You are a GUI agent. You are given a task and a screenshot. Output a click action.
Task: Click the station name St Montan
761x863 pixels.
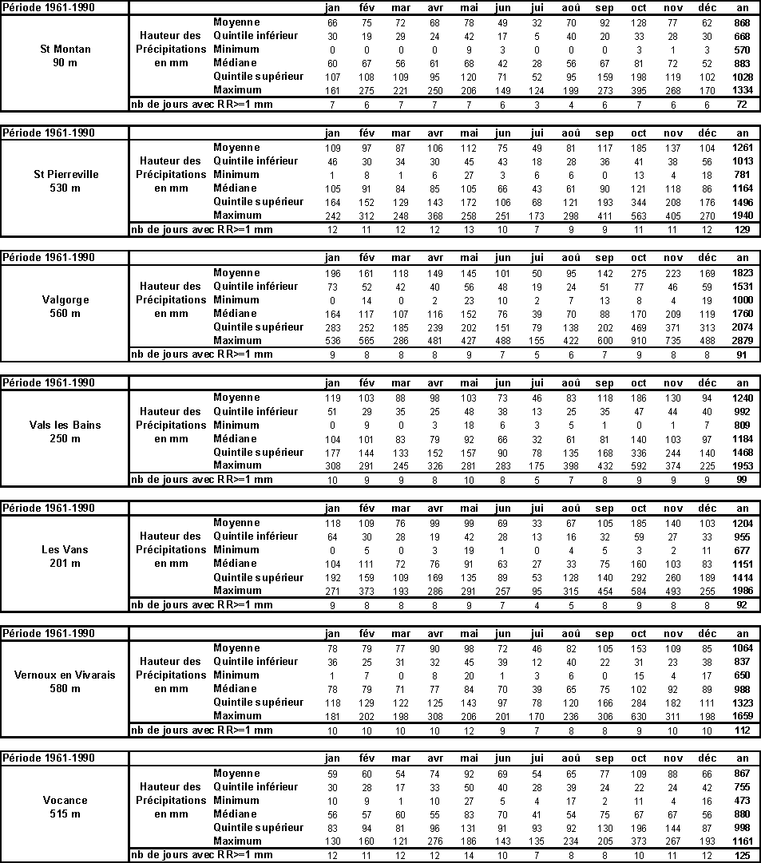[65, 49]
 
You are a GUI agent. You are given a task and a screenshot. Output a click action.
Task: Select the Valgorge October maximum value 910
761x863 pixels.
[639, 341]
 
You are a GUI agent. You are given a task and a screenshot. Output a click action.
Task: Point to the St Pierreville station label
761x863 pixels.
[65, 175]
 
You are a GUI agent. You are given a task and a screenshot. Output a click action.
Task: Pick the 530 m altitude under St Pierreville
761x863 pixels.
[65, 188]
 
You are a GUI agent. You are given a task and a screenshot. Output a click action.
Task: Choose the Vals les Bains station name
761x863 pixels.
[65, 426]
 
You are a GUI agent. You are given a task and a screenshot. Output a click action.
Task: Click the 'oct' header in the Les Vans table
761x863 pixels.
[639, 509]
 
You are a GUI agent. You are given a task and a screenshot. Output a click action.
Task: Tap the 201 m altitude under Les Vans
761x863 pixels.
[65, 564]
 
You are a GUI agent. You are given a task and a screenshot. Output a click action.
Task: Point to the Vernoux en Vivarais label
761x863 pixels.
[65, 675]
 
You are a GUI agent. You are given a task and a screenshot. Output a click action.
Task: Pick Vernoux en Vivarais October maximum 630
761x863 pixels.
[639, 716]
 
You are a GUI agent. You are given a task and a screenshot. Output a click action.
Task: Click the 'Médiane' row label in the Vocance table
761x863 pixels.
[236, 814]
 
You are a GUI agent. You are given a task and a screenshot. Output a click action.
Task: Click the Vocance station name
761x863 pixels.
[65, 801]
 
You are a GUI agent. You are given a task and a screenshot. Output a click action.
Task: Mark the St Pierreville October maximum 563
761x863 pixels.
[639, 216]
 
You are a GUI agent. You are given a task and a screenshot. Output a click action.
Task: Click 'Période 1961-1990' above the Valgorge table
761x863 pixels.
[50, 258]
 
